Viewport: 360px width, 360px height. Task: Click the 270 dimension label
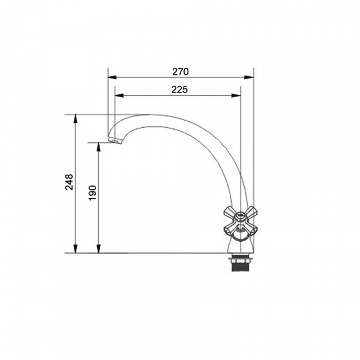coord(181,72)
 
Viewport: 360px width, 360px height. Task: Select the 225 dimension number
coord(179,89)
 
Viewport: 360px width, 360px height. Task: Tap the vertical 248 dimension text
coord(69,182)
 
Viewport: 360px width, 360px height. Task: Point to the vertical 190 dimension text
coord(92,193)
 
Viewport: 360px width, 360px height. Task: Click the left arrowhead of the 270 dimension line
coord(112,77)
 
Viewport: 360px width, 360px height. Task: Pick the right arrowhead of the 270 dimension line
coord(249,77)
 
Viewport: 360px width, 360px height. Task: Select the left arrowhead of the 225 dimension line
coord(119,95)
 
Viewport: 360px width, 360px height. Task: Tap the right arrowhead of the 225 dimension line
coord(236,95)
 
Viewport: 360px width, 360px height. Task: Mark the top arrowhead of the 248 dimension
coord(76,119)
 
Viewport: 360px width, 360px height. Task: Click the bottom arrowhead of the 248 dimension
coord(76,248)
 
